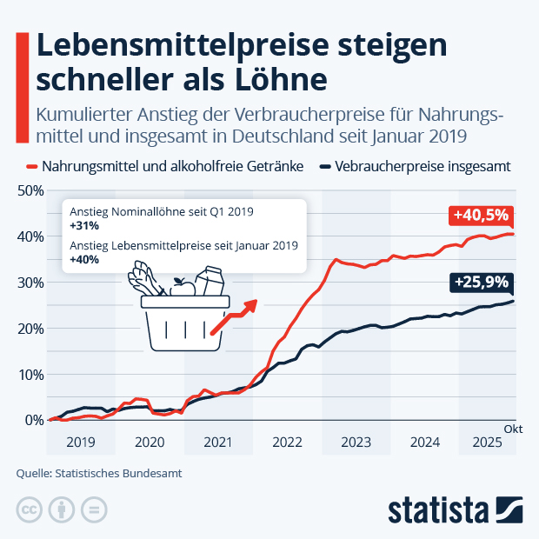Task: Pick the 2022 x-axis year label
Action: pyautogui.click(x=287, y=442)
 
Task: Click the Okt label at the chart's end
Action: pyautogui.click(x=514, y=429)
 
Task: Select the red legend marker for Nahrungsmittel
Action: pyautogui.click(x=32, y=167)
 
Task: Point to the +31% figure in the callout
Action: pyautogui.click(x=84, y=225)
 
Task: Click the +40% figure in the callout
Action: pyautogui.click(x=85, y=259)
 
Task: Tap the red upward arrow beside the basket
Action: pyautogui.click(x=235, y=316)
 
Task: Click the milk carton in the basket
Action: pyautogui.click(x=208, y=282)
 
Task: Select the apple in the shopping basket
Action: pyautogui.click(x=183, y=287)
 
